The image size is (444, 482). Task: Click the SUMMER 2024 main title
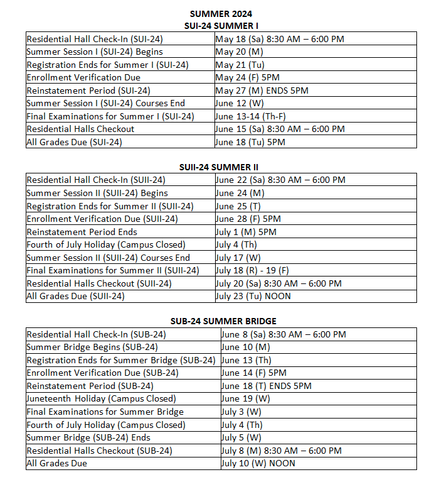221,14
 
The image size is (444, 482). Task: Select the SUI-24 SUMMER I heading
221,26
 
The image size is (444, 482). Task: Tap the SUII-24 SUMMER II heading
218,167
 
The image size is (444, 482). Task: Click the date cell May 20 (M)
239,52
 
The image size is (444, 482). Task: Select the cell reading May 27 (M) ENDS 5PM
262,90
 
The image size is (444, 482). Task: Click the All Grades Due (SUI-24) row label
74,142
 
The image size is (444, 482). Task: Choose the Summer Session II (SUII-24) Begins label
97,193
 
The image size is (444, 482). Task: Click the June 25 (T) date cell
240,206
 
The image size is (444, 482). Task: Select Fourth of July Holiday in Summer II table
106,244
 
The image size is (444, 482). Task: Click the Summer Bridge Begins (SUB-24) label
92,347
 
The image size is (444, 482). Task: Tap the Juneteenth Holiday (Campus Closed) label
101,398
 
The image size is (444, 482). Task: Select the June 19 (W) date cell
246,398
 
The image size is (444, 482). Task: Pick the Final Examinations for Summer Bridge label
105,412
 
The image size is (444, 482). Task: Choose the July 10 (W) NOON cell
258,463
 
